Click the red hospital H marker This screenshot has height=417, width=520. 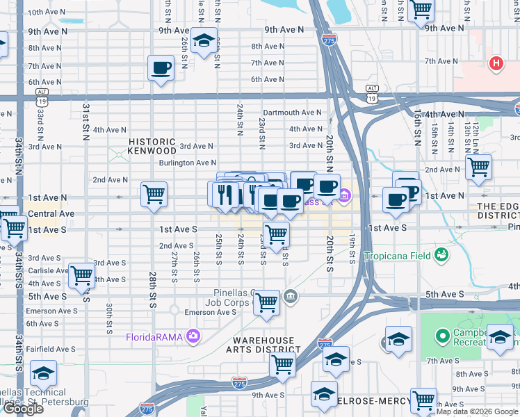pos(496,64)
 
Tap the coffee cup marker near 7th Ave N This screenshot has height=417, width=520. pos(161,69)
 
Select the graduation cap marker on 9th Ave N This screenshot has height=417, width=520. pos(204,42)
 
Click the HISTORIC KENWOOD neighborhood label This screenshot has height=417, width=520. pos(152,145)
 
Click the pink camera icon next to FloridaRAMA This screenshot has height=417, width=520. pos(193,338)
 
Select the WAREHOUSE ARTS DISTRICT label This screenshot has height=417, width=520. pos(261,345)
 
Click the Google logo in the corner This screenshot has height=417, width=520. pos(24,409)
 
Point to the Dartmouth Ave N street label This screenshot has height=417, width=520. pos(292,113)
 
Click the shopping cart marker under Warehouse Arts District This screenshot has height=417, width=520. pos(282,363)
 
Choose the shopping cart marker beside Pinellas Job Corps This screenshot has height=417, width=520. pos(266,303)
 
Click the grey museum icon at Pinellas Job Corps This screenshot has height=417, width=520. pos(291,297)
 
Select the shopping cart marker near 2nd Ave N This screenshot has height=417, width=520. pos(478,167)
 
